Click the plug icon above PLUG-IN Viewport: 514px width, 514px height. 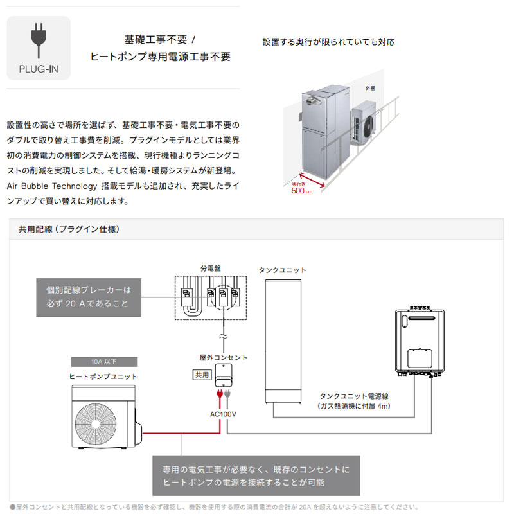(39, 40)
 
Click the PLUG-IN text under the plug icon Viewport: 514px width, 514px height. (39, 68)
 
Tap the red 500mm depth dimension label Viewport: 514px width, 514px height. (301, 190)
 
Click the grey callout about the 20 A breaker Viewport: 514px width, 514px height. (89, 297)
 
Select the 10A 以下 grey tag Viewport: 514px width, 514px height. (103, 361)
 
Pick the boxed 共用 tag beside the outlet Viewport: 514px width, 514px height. (201, 375)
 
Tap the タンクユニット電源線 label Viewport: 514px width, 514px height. (353, 397)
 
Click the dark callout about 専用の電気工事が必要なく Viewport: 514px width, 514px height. (256, 476)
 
